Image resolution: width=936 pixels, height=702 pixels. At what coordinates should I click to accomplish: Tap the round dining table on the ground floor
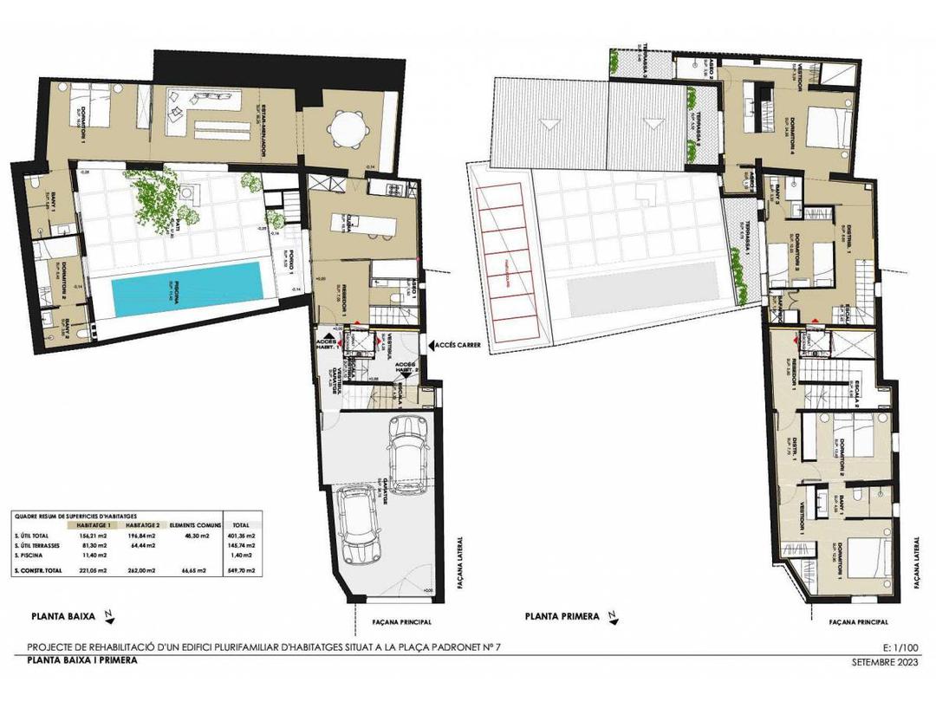point(347,131)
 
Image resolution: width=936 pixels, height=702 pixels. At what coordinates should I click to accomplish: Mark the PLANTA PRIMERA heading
point(562,617)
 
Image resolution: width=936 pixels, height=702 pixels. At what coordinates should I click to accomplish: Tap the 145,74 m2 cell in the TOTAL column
point(240,546)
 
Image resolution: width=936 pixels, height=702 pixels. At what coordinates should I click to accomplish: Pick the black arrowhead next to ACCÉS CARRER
point(426,345)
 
